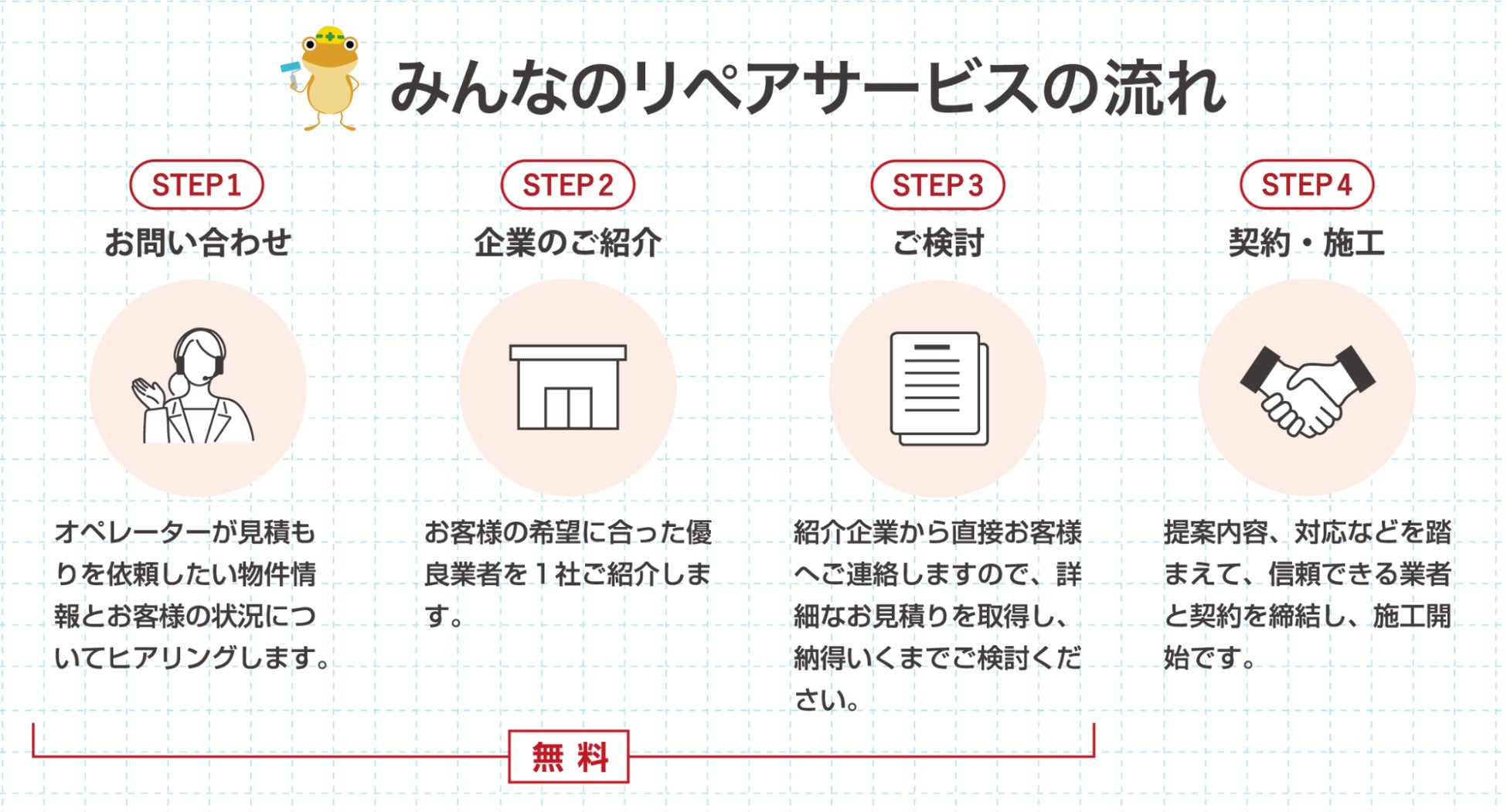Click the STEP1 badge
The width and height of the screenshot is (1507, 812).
(x=196, y=185)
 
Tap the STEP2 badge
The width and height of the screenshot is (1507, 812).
(x=567, y=185)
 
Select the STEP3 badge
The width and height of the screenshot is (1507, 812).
(x=937, y=185)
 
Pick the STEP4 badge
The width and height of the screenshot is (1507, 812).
(x=1307, y=185)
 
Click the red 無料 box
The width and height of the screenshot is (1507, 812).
(x=569, y=756)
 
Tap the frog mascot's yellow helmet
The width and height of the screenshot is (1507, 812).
(x=331, y=35)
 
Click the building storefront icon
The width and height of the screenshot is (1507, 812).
(x=568, y=387)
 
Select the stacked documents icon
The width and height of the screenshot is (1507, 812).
(x=938, y=388)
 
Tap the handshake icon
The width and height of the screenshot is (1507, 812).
(x=1307, y=390)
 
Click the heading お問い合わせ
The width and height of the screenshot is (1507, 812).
(x=198, y=243)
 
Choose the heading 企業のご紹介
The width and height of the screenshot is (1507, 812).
(x=567, y=243)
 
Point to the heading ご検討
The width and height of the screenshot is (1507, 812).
(x=937, y=243)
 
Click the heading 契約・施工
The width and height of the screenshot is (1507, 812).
(x=1307, y=243)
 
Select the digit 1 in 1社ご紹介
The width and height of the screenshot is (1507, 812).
(x=541, y=574)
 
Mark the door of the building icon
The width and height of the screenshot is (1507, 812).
(x=568, y=407)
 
